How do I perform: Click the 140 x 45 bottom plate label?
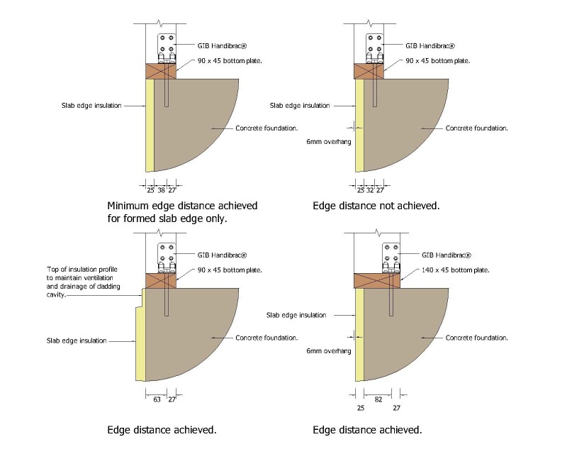coord(455,270)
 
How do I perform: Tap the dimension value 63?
coord(157,399)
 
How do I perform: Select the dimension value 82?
coord(378,399)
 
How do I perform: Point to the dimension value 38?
coord(162,190)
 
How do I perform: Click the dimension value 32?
coord(369,190)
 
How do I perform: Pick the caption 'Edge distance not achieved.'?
coord(376,206)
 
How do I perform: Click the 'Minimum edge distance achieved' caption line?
coord(182,206)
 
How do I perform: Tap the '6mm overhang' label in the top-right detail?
coord(329,142)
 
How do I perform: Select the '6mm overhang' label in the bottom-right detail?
coord(329,351)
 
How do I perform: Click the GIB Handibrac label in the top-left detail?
coord(222,46)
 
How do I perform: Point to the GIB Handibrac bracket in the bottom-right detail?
coord(391,258)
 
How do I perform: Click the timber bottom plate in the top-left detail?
coord(161,72)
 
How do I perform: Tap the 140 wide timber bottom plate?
coord(377,281)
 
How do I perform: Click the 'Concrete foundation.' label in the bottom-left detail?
coord(266,338)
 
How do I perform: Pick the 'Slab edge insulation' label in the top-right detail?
coord(300,106)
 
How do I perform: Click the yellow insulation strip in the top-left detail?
coord(150,126)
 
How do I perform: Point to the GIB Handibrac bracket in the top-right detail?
coord(375,48)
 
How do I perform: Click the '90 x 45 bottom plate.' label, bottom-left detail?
coord(230,270)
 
